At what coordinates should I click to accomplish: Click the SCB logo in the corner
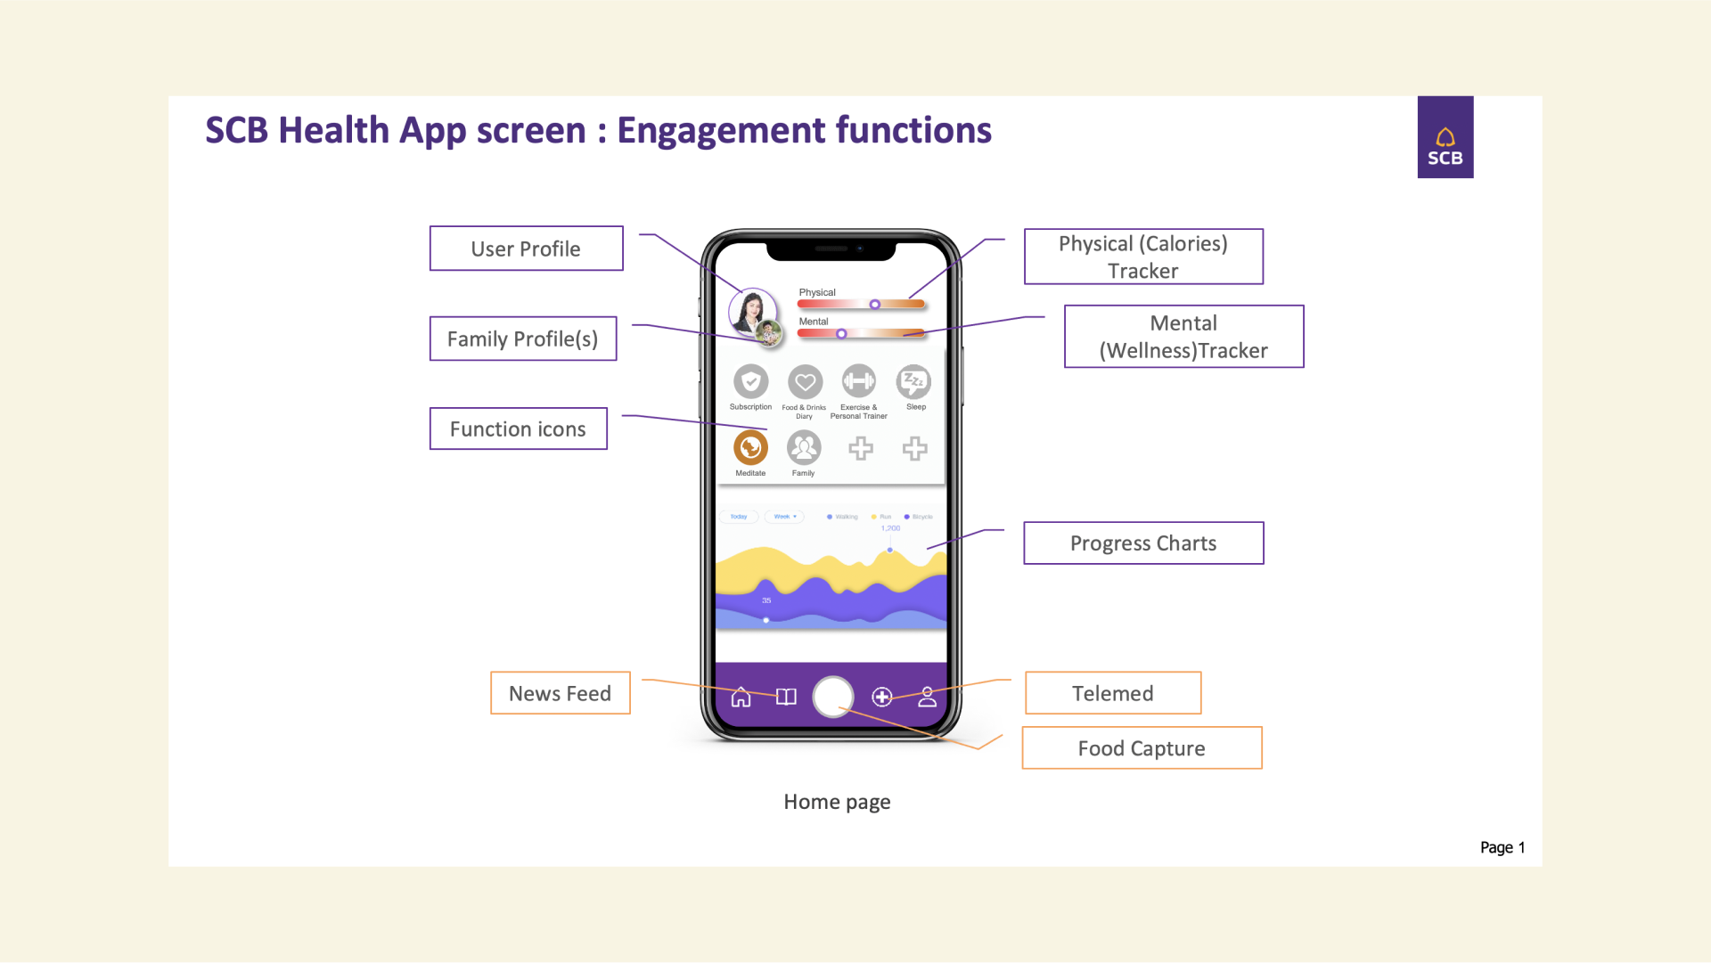(x=1445, y=137)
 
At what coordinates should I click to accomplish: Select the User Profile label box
(x=526, y=249)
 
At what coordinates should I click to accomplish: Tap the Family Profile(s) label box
(x=523, y=339)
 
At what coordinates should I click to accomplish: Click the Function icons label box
(x=518, y=428)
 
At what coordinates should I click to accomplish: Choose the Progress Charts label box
(x=1143, y=543)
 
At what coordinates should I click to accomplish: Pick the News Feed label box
(x=560, y=693)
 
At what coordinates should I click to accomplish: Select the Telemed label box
(x=1112, y=693)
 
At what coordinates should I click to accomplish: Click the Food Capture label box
(x=1142, y=748)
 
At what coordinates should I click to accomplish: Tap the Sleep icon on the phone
(x=914, y=382)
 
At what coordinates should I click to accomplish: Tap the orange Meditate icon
(x=750, y=447)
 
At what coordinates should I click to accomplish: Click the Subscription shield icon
(x=750, y=382)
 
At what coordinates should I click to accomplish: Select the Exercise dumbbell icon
(x=859, y=382)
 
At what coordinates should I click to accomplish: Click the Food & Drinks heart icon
(x=805, y=382)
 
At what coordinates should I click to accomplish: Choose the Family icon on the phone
(x=804, y=447)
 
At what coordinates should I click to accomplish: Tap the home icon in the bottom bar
(x=741, y=697)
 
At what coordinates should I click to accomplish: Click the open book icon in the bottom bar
(x=786, y=697)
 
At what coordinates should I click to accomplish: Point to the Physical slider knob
(x=875, y=305)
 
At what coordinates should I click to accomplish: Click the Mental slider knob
(x=841, y=334)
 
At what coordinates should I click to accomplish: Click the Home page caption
(x=837, y=802)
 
